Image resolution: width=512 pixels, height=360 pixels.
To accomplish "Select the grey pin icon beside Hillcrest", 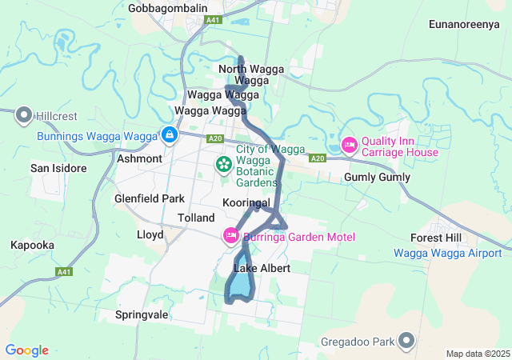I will [x=22, y=116].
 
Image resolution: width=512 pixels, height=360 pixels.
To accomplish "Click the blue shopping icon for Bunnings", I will [x=169, y=135].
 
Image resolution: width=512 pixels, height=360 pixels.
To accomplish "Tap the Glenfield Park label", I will [x=150, y=198].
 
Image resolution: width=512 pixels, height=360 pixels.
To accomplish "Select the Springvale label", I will [x=142, y=314].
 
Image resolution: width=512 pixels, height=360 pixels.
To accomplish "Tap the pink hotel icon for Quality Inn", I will [x=349, y=145].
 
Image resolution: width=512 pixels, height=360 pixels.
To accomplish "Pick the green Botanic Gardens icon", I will [x=223, y=166].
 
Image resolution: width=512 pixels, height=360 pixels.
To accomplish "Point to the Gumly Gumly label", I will [x=377, y=178].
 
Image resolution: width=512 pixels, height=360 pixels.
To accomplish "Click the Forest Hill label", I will [x=435, y=238].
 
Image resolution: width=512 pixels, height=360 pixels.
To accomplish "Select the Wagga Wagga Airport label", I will [x=447, y=253].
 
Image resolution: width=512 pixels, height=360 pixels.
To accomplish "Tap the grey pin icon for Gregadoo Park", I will [x=407, y=342].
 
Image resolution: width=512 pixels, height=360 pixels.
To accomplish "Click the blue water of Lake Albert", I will [x=240, y=285].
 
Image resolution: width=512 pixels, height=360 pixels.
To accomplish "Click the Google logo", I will [x=26, y=350].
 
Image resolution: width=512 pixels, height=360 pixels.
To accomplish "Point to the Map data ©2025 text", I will [x=477, y=354].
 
